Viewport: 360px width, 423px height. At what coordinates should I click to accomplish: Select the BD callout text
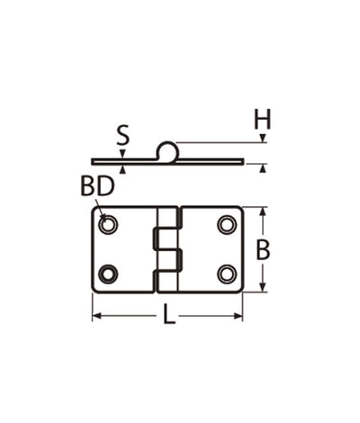coord(96,187)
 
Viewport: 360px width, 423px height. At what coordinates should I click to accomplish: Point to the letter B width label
coord(263,251)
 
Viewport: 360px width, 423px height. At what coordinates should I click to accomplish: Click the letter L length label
coord(168,317)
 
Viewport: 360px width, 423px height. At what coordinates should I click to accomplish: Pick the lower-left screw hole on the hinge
coord(108,274)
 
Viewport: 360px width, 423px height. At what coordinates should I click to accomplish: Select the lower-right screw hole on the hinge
coord(226,274)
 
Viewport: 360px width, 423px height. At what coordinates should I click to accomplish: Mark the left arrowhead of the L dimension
coord(95,316)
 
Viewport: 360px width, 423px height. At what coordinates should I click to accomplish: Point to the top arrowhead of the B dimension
coord(263,211)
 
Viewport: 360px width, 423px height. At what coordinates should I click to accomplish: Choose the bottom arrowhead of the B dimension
coord(263,288)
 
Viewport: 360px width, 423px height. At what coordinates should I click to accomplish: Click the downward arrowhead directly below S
coord(122,155)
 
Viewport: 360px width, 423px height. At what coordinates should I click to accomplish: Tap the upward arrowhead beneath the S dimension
coord(122,169)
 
